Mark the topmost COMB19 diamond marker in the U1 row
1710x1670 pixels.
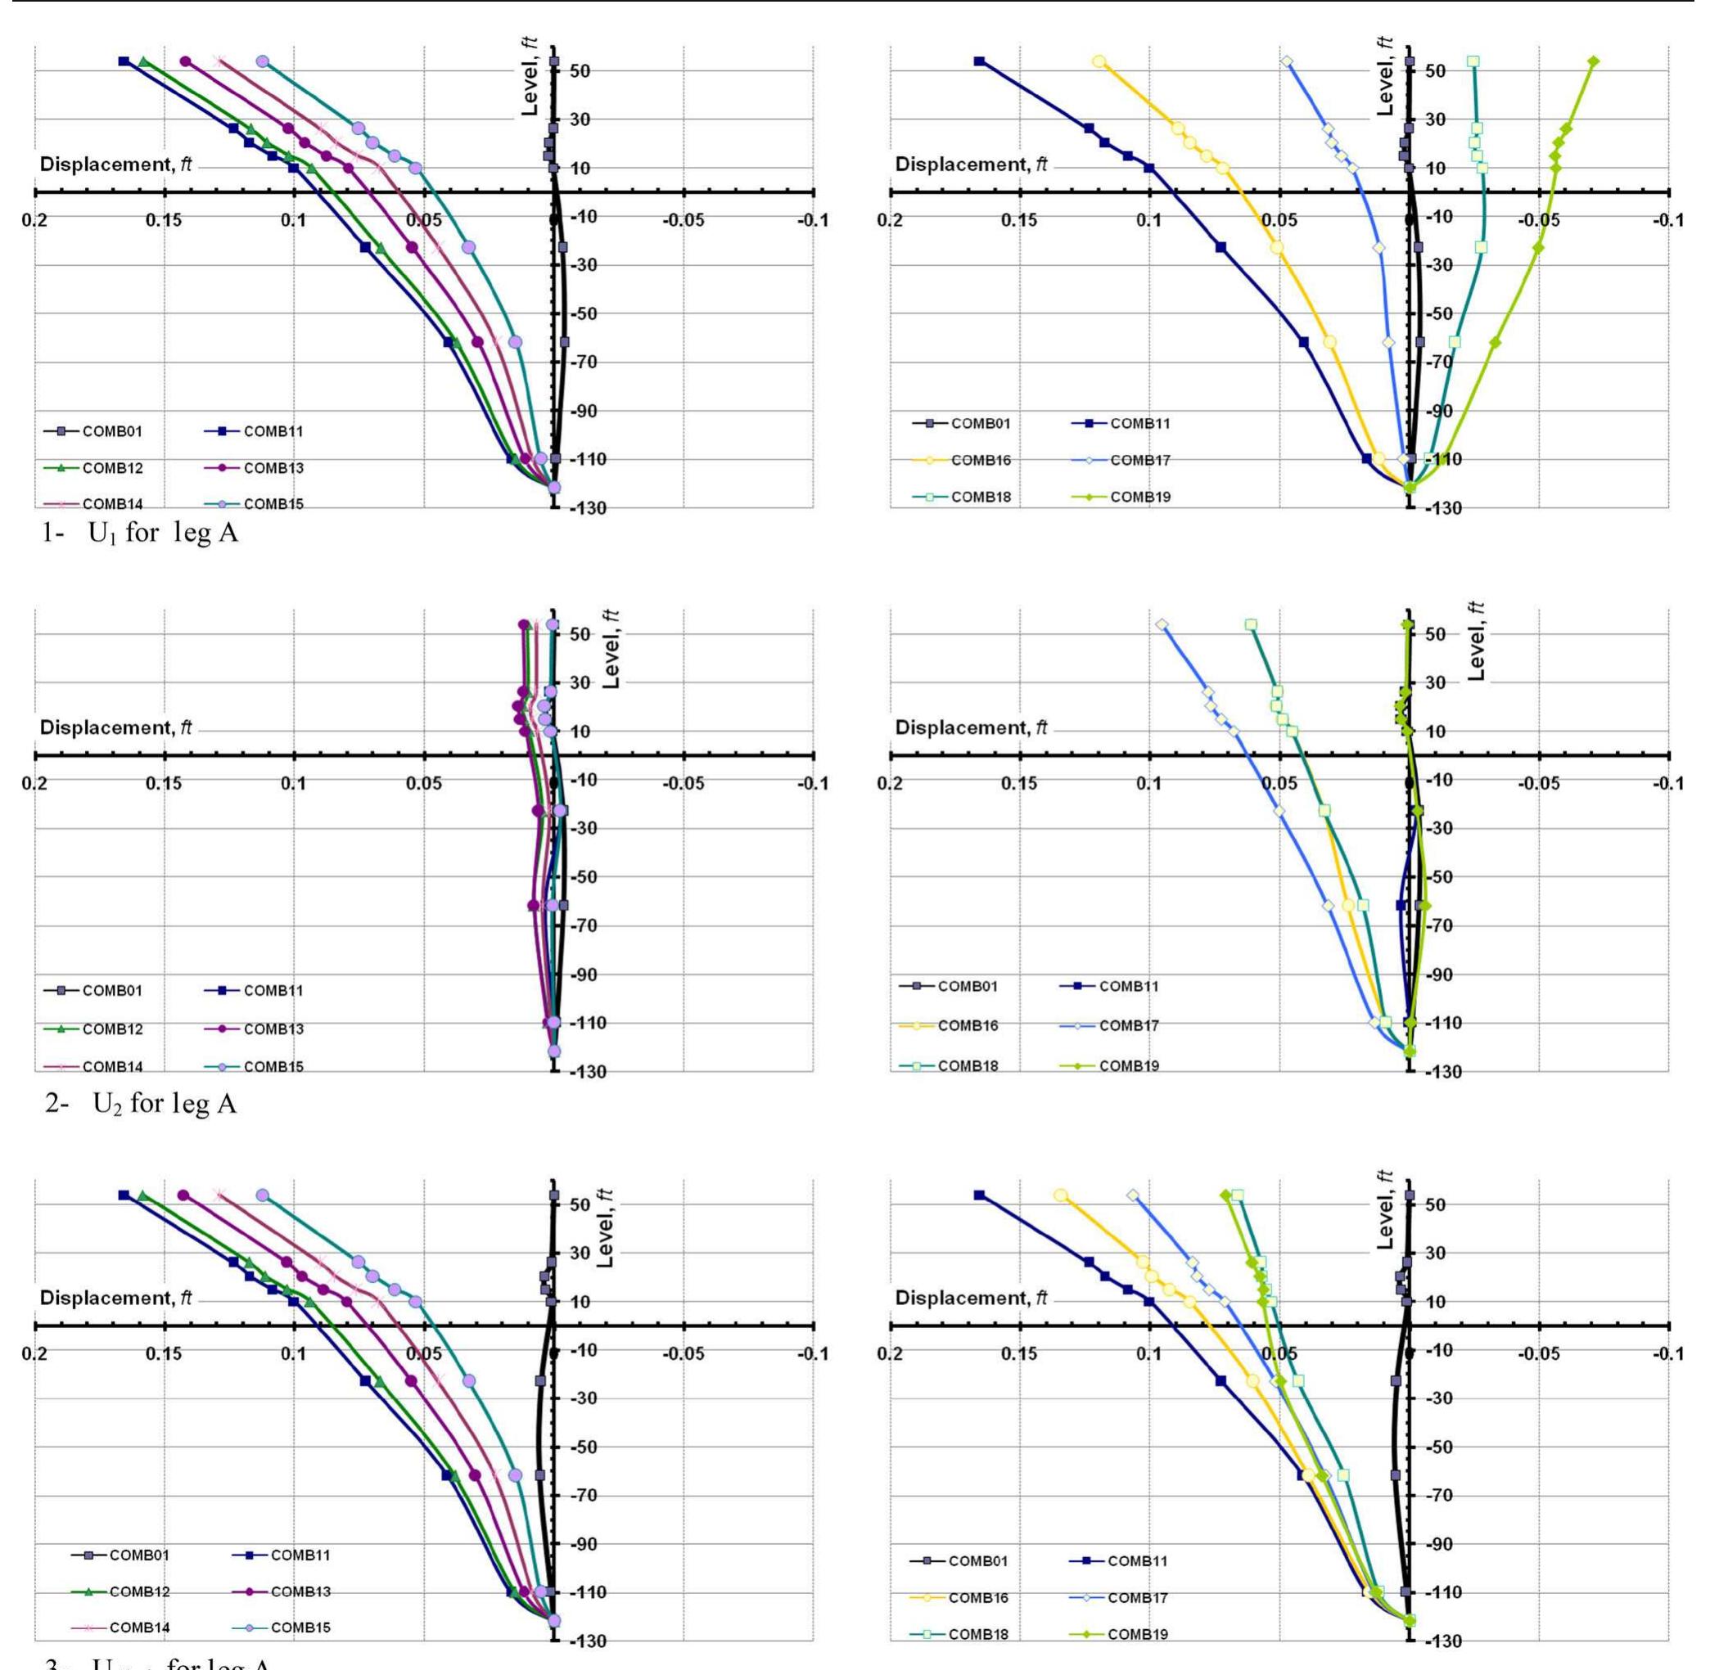[1593, 61]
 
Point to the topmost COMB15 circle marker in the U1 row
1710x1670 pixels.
[262, 61]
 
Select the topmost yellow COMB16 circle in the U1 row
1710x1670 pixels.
[1099, 61]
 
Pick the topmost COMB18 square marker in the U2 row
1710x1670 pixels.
[1251, 624]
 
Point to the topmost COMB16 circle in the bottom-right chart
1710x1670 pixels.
[1061, 1195]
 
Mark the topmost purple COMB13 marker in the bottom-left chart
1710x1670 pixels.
[183, 1195]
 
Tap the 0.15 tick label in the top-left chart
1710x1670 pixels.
[164, 219]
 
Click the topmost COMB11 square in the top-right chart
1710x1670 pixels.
[979, 61]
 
